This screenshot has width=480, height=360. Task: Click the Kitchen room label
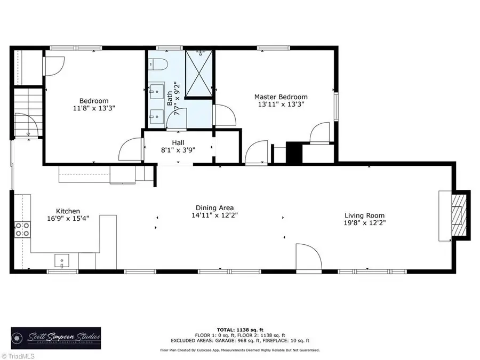point(68,211)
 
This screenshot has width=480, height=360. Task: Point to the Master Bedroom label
point(281,97)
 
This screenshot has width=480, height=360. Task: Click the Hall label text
point(178,142)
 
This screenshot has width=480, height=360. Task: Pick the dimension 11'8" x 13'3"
point(94,108)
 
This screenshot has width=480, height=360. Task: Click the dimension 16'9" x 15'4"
point(68,219)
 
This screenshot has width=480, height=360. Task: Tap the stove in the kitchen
point(22,229)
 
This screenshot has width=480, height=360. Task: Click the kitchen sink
point(62,260)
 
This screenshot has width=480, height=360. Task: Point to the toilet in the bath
point(158,65)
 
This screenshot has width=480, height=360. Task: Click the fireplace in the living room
point(458,215)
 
